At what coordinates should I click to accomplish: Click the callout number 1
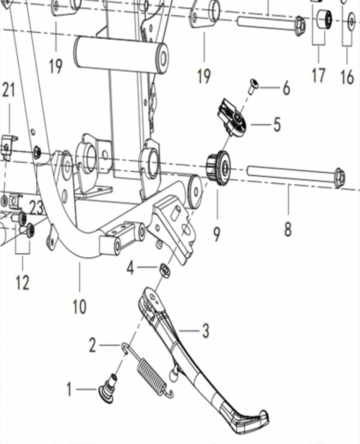tap(69, 389)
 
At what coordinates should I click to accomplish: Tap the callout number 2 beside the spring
tap(92, 345)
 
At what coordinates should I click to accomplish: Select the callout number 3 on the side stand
tap(205, 331)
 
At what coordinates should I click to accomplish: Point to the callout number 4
tap(130, 267)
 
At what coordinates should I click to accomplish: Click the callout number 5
tap(277, 125)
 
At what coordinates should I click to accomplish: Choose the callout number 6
tap(286, 88)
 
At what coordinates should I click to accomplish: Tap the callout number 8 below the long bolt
tap(288, 229)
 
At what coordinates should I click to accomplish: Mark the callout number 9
tap(217, 234)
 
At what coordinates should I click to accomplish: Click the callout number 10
tap(79, 307)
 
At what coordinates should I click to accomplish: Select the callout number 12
tap(22, 283)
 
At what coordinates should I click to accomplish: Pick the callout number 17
tap(318, 75)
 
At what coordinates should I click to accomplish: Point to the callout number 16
tap(347, 77)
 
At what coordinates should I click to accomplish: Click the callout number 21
tap(9, 90)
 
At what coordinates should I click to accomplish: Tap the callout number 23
tap(36, 208)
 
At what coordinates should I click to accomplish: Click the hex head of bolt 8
tap(339, 178)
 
